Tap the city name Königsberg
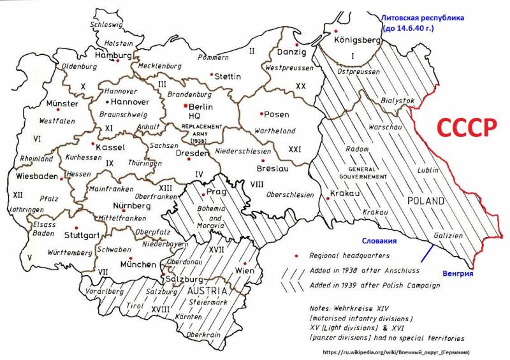(x=358, y=40)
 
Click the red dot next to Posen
(x=261, y=114)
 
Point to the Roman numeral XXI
(x=295, y=148)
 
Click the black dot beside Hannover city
(x=106, y=102)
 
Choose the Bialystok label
(x=397, y=101)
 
